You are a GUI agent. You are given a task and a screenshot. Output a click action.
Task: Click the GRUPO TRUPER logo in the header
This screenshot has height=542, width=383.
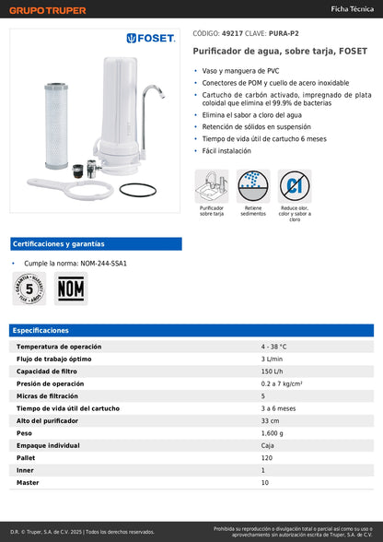(x=48, y=10)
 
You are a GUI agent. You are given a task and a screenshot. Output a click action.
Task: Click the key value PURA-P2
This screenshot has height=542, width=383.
(x=282, y=32)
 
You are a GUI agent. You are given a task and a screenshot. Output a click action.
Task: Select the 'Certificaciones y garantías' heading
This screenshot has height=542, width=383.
(x=58, y=244)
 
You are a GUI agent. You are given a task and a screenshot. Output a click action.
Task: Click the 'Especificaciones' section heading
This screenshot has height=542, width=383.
(x=41, y=330)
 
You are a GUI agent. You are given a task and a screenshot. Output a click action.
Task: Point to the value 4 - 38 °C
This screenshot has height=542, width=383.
(x=273, y=347)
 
